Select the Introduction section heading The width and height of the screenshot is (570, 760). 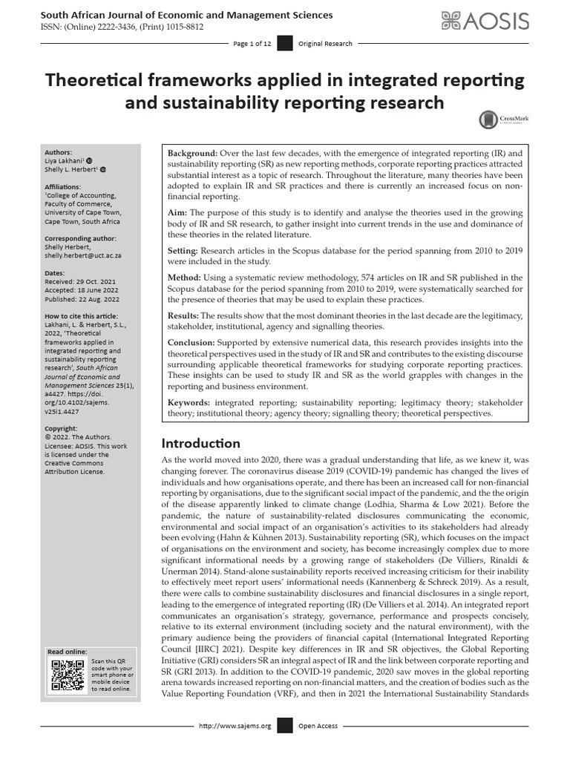(x=200, y=443)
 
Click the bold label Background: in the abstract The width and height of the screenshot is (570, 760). (x=192, y=153)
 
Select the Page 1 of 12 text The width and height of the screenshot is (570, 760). (x=252, y=44)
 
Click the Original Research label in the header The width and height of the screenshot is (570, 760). (x=325, y=44)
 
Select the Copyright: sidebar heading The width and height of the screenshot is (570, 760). (x=62, y=428)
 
